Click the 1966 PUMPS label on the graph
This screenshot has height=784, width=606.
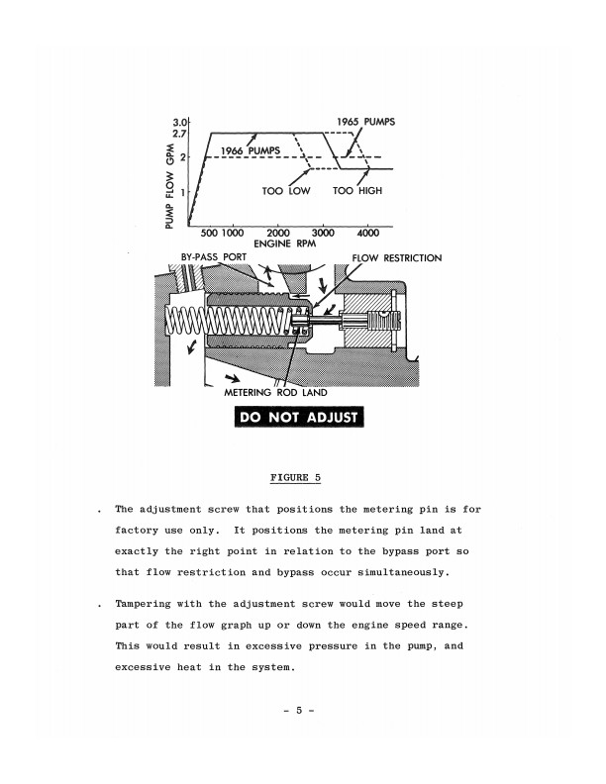(251, 150)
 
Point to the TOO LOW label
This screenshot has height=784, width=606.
(286, 190)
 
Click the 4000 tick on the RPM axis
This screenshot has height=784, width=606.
(368, 233)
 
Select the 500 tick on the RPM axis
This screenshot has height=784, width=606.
(209, 233)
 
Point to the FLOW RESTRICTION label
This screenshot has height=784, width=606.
(396, 257)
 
